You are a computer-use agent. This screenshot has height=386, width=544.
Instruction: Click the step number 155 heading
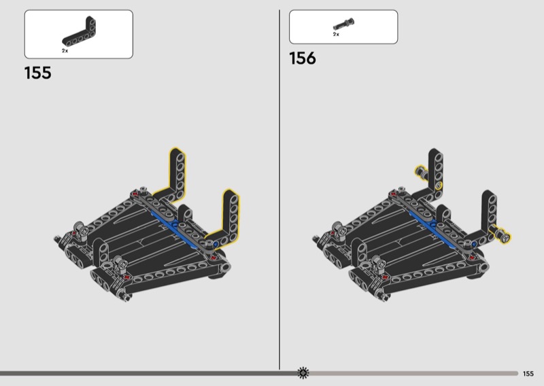click(x=38, y=73)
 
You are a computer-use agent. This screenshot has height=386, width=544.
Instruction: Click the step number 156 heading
click(x=303, y=58)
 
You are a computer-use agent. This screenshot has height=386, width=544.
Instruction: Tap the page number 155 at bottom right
click(x=528, y=374)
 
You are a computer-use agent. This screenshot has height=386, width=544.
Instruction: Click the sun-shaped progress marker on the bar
click(x=303, y=373)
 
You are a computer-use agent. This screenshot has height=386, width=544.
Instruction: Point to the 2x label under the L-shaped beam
click(x=65, y=51)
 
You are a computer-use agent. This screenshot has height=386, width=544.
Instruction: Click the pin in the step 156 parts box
click(x=343, y=24)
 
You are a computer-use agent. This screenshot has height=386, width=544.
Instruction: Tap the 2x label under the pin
click(x=336, y=35)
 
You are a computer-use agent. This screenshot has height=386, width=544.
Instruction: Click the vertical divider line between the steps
click(x=279, y=190)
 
